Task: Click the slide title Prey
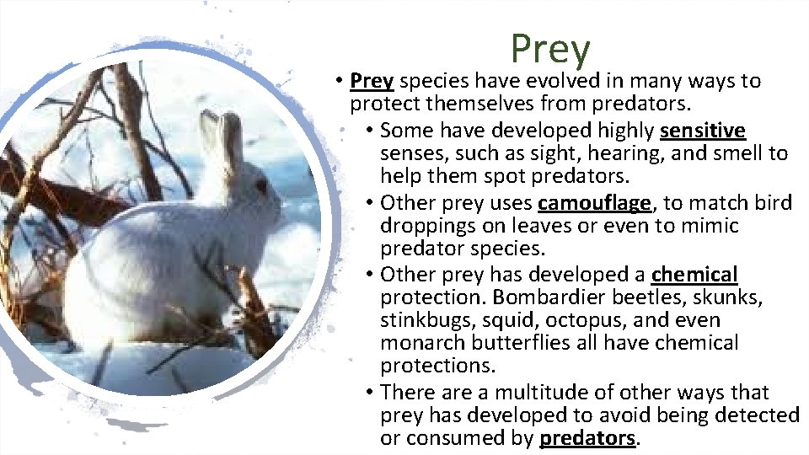click(x=550, y=49)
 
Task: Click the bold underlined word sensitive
click(x=703, y=131)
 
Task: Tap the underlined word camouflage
click(x=594, y=203)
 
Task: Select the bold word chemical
click(x=694, y=275)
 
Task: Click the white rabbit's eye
click(x=260, y=185)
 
